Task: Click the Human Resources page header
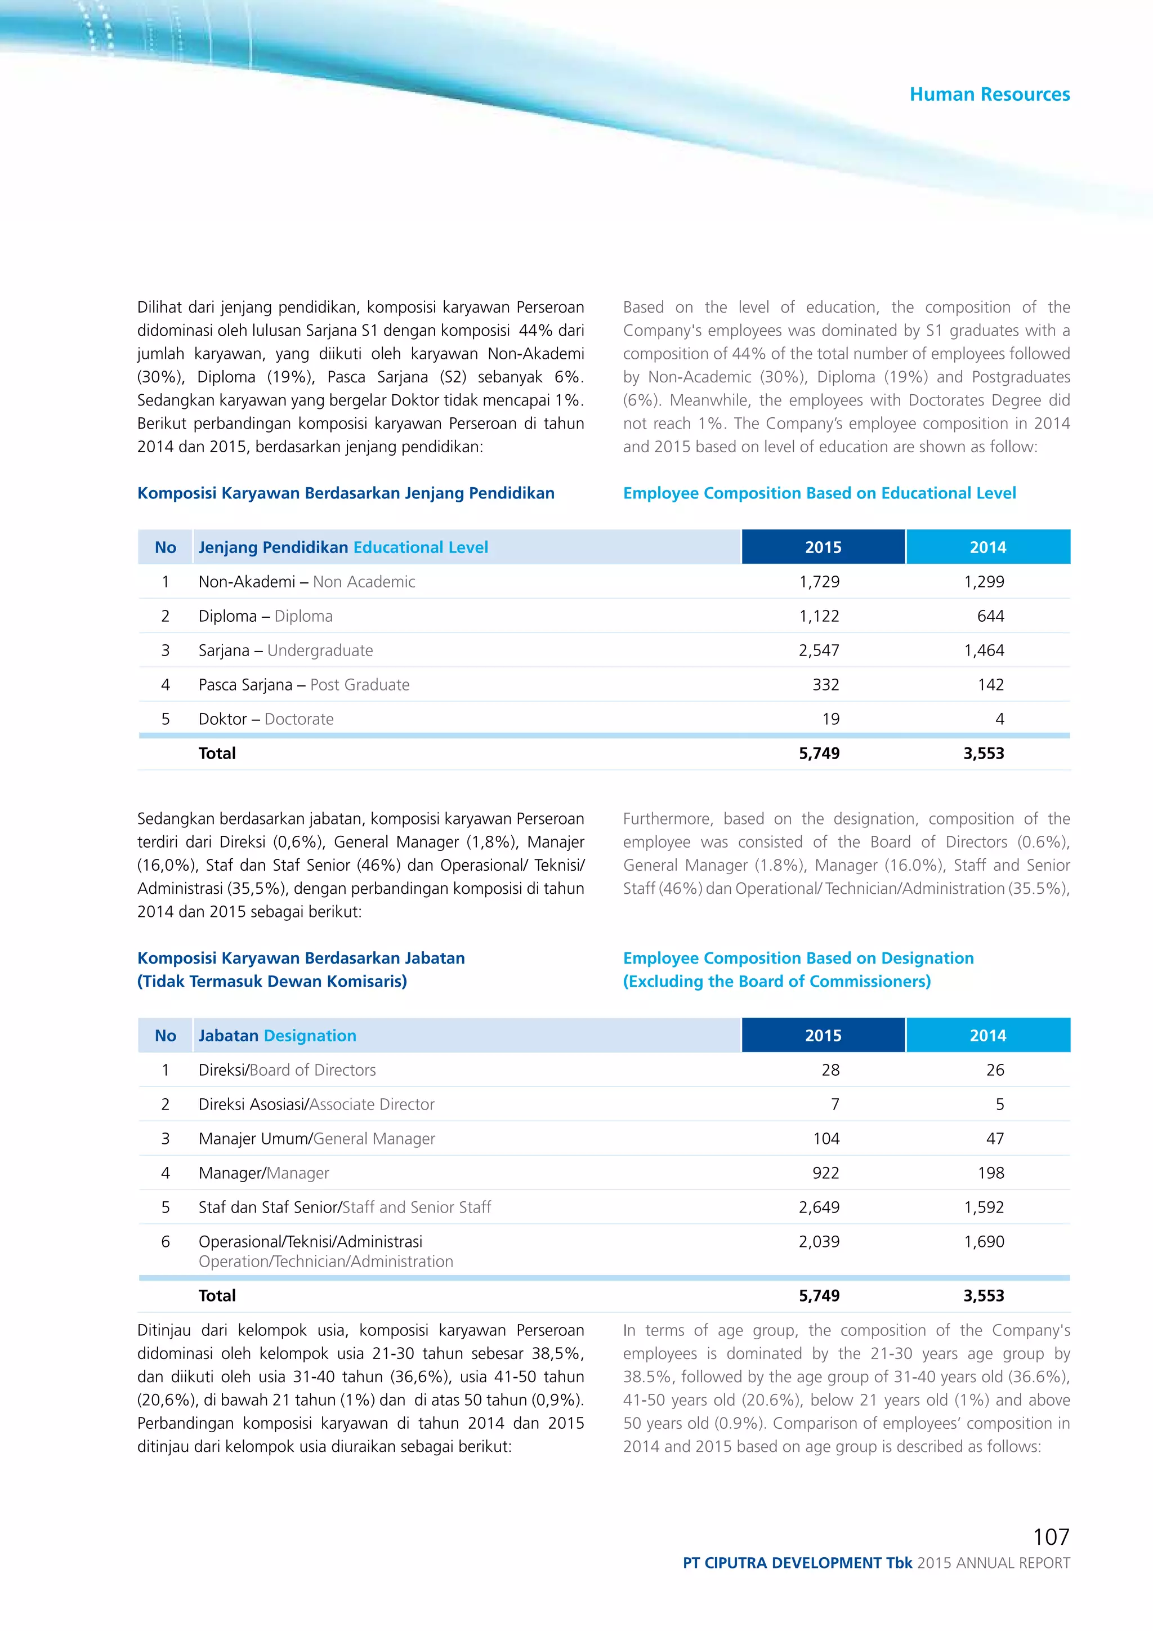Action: point(989,95)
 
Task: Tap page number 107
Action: point(1051,1536)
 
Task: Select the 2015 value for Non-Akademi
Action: point(819,582)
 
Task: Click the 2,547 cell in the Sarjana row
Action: point(819,650)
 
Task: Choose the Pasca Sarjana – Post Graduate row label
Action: point(304,685)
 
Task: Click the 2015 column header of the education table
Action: point(823,547)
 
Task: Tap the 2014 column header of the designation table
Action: point(987,1036)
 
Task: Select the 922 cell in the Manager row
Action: point(826,1173)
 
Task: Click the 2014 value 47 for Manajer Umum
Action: point(995,1139)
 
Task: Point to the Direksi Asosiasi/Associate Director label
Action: point(316,1104)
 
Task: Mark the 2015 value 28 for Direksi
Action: point(830,1070)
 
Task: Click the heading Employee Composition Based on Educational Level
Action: point(819,493)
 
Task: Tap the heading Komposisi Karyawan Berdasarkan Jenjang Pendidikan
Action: point(346,493)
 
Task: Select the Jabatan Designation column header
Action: point(277,1036)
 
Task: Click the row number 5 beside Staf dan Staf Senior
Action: point(166,1207)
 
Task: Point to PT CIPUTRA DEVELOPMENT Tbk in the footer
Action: point(797,1563)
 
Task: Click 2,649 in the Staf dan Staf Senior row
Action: point(819,1207)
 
